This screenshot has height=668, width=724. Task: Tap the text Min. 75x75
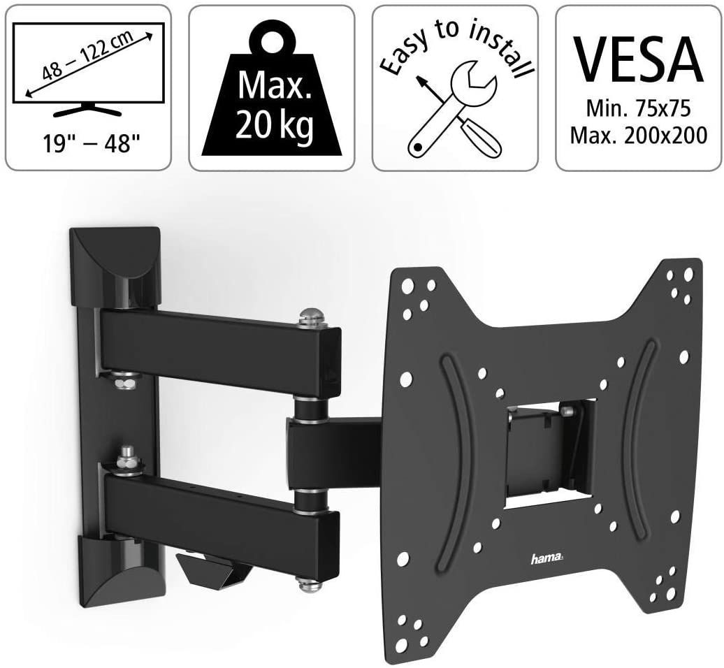point(638,109)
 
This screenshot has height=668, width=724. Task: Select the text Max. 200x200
point(639,136)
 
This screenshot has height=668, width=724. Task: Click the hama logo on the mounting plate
point(547,560)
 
